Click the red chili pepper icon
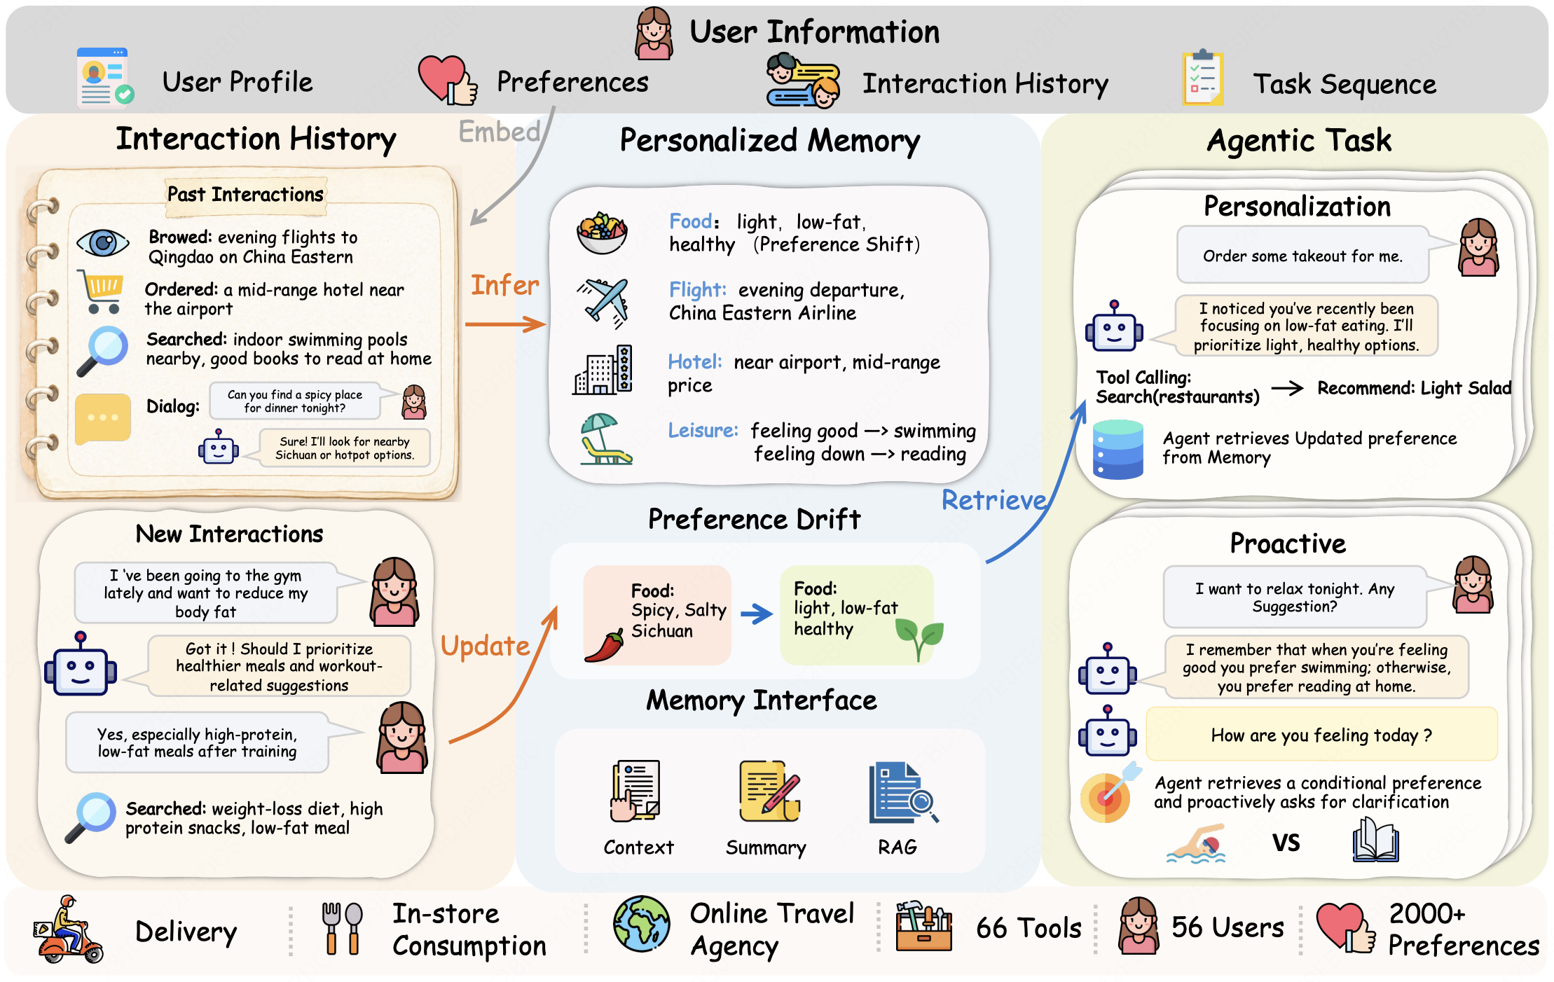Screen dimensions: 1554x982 coord(604,646)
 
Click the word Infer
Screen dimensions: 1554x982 coord(504,285)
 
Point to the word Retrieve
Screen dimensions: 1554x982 coord(993,500)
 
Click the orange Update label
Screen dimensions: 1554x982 coord(485,646)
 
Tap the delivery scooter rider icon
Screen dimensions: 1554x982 coord(68,929)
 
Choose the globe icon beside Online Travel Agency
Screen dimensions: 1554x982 coord(641,924)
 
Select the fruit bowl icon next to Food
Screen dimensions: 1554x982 coord(602,233)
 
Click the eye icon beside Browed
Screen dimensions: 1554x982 coord(103,243)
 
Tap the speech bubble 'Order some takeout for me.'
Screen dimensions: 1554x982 coord(1302,255)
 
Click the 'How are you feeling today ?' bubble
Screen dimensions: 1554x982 coord(1321,735)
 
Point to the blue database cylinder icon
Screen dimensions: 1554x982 coord(1118,450)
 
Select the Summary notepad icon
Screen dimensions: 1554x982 coord(769,791)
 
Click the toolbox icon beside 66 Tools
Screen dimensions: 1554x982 coord(923,926)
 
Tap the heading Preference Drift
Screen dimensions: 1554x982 coord(754,519)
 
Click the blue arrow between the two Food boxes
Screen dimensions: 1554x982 coord(756,614)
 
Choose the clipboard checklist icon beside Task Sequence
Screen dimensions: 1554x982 coord(1202,78)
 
